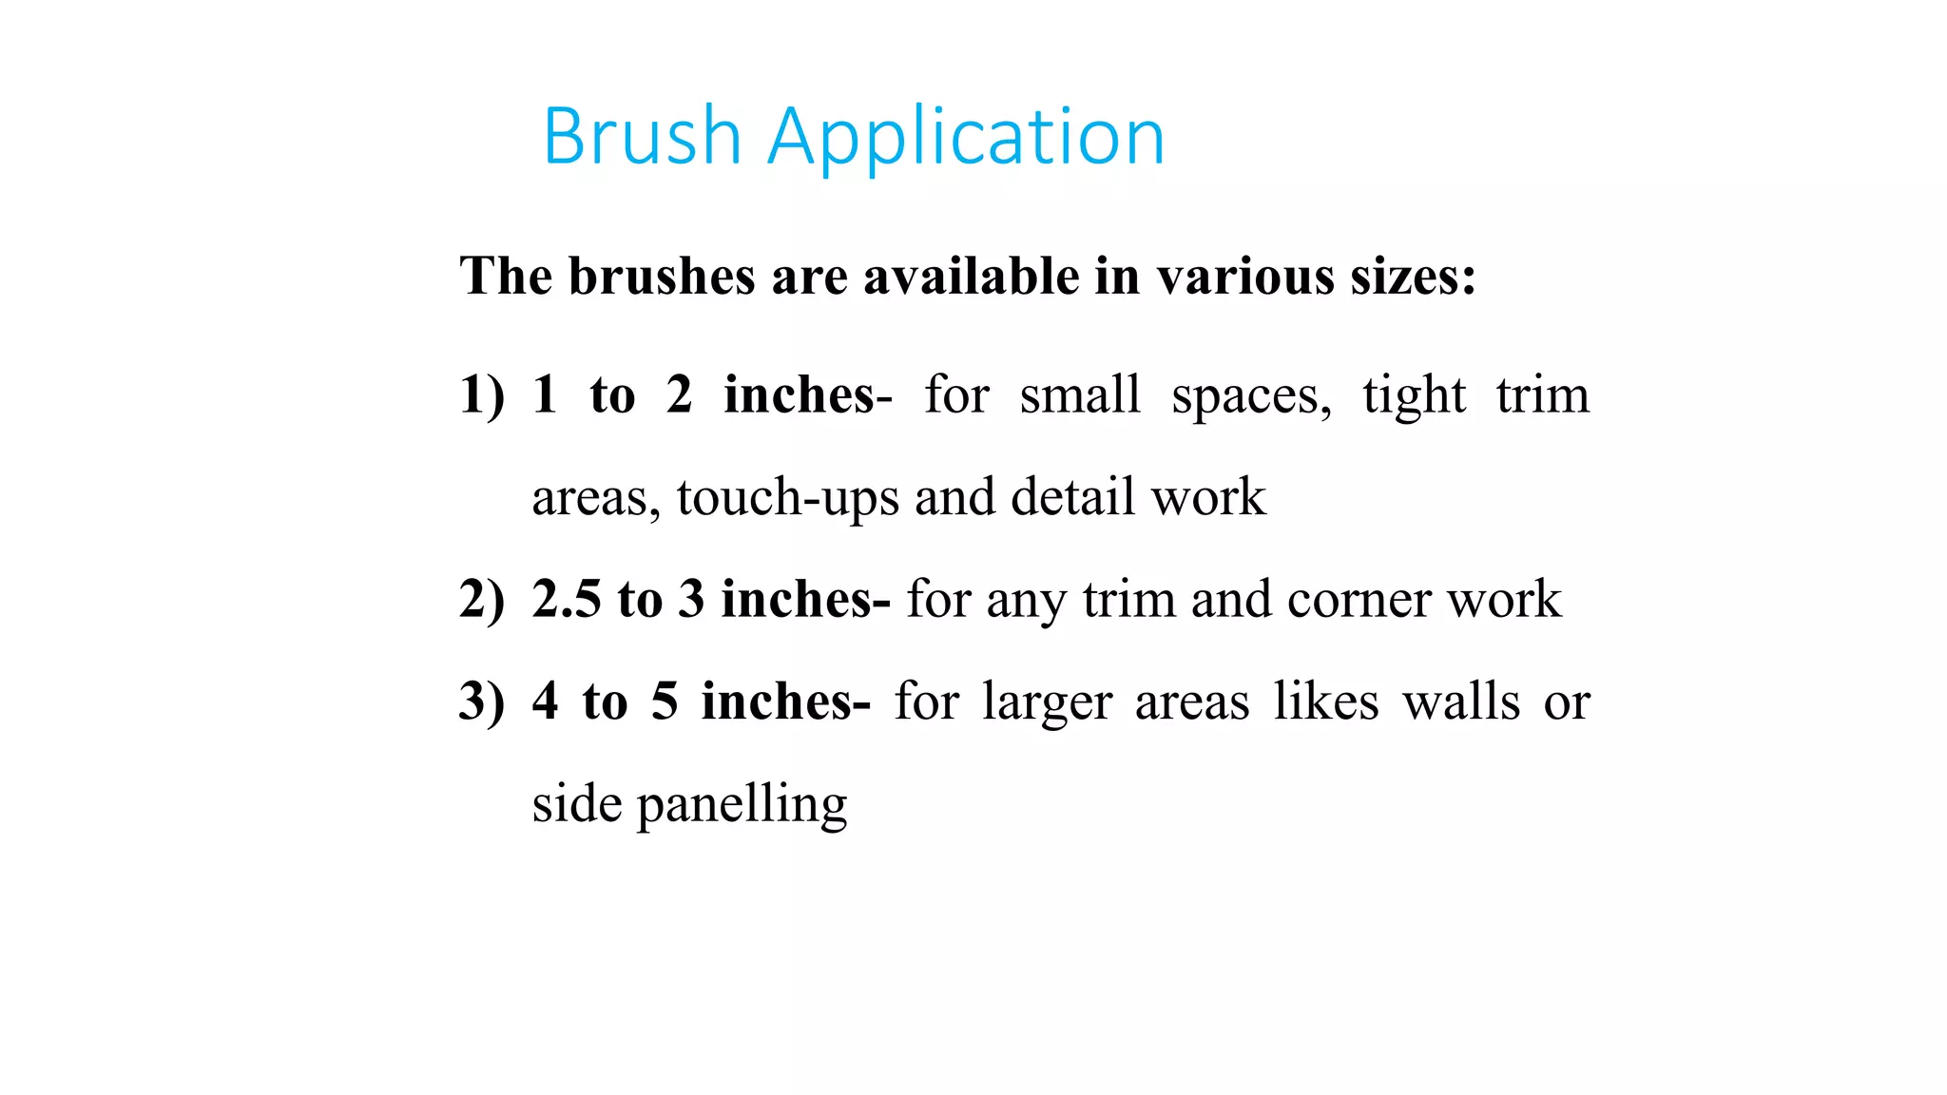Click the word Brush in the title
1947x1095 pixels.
642,137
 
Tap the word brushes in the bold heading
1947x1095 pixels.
661,277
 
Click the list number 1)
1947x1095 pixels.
481,394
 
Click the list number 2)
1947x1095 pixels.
481,599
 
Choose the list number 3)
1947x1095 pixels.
481,701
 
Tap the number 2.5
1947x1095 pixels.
567,599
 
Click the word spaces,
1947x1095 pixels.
1251,396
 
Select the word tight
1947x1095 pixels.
1414,396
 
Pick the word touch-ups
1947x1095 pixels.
787,498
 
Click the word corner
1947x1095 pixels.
1359,600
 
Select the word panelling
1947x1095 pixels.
742,805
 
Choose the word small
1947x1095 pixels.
1079,394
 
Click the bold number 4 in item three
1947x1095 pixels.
545,701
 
